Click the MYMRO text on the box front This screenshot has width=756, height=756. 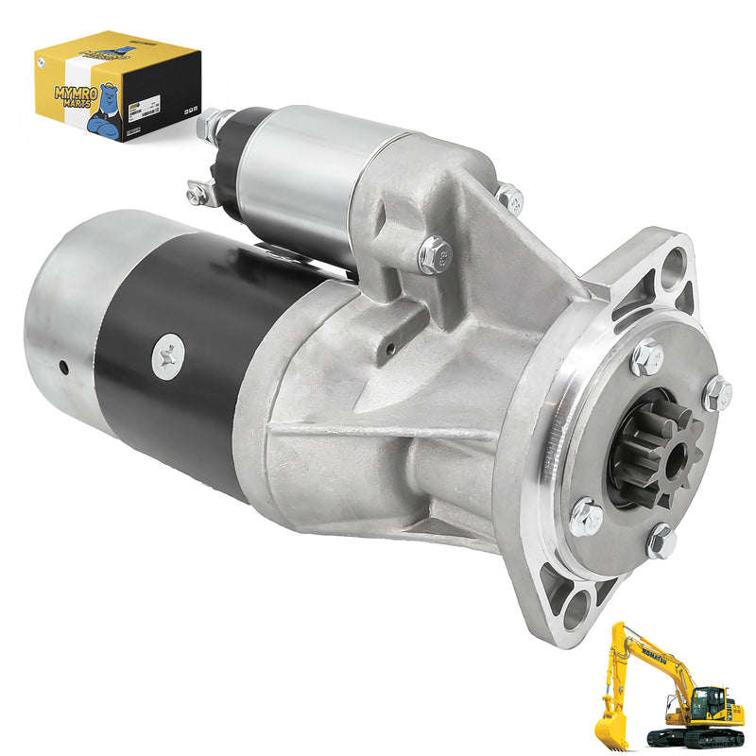pos(68,92)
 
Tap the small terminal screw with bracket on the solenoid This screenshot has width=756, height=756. pos(198,193)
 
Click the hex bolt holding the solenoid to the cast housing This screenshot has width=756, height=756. pos(433,253)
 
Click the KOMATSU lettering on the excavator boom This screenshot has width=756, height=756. pos(654,658)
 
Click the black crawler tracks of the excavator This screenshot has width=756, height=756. pos(695,738)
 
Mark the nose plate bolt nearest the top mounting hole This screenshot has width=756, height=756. pos(647,356)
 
